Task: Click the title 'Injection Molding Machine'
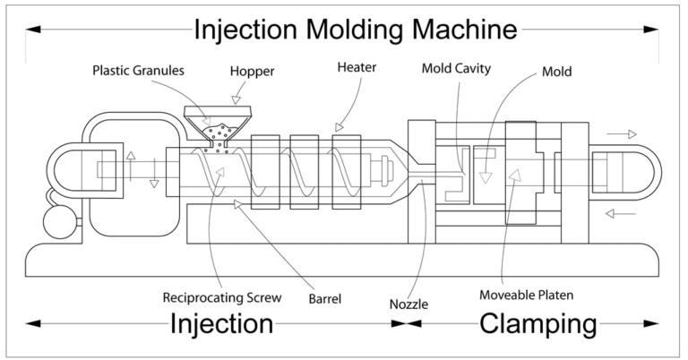[356, 29]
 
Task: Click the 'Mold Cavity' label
[456, 67]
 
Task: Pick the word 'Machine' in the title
[456, 29]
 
